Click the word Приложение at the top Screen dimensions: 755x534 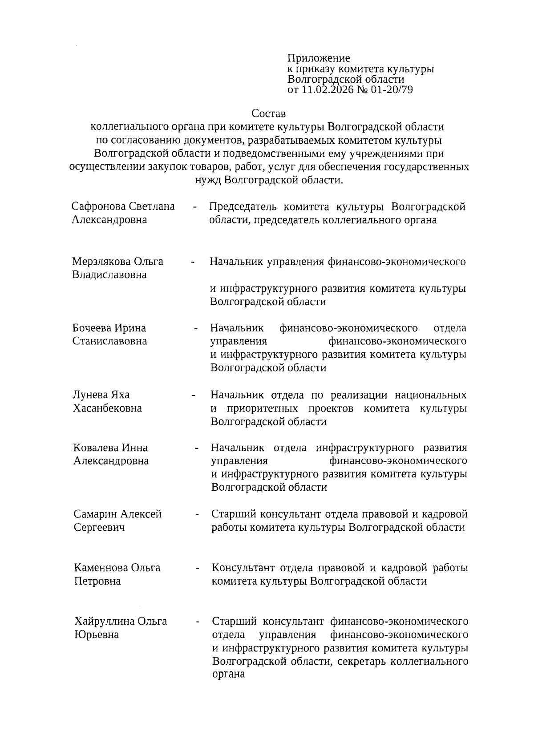(x=319, y=58)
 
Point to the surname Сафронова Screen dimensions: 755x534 (x=99, y=206)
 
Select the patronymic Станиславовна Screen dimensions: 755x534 (x=109, y=341)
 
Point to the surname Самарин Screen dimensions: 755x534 (x=96, y=514)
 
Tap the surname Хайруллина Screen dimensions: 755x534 (x=104, y=621)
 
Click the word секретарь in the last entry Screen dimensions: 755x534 (x=362, y=661)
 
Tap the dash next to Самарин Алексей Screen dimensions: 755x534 (x=196, y=515)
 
